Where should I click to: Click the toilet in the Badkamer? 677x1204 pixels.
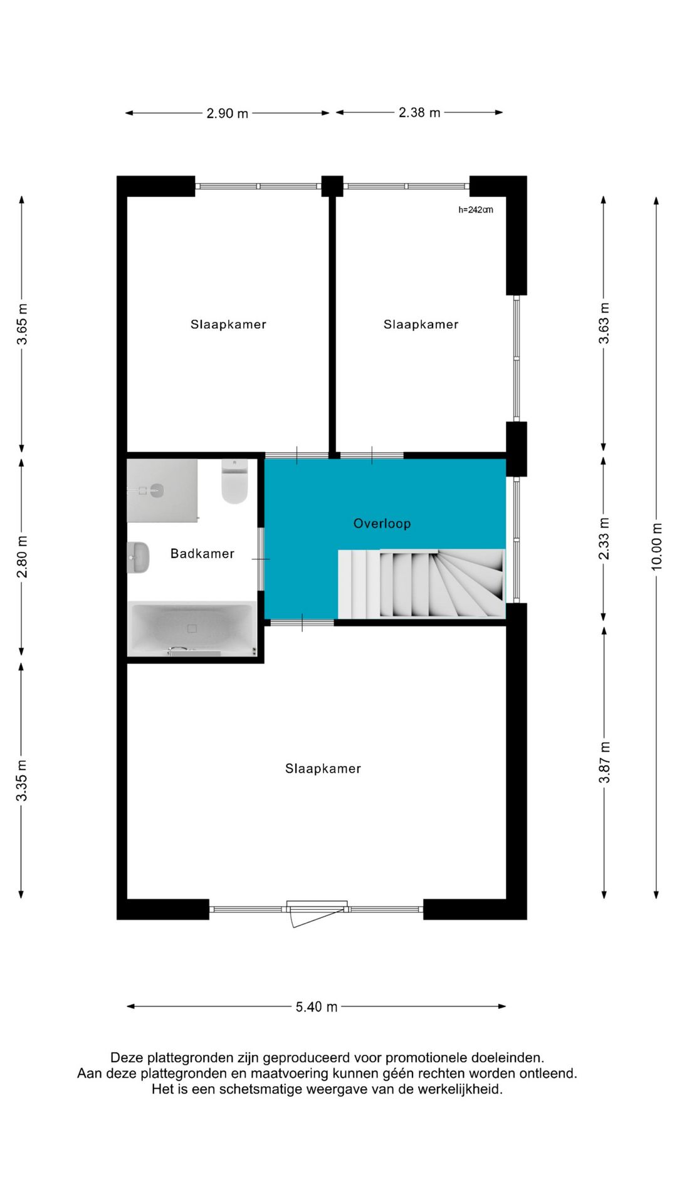(234, 482)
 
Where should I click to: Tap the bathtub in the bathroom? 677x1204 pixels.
(192, 629)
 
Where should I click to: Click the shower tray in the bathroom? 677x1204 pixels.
(162, 490)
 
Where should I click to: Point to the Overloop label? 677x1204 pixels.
(382, 524)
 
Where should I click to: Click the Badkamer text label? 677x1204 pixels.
(202, 554)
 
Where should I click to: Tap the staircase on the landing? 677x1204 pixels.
(421, 584)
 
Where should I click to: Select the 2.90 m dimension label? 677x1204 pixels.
(228, 114)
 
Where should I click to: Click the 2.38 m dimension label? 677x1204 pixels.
(419, 112)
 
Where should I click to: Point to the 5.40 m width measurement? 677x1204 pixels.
(317, 1006)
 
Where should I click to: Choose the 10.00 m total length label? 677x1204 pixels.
(656, 546)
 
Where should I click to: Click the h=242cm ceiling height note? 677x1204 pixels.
(476, 209)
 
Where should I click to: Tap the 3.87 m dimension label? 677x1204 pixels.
(604, 762)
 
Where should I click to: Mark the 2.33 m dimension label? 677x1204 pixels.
(604, 539)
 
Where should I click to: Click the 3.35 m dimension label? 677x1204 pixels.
(22, 780)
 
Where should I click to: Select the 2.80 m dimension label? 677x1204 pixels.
(22, 557)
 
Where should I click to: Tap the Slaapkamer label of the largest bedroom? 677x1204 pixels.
(323, 769)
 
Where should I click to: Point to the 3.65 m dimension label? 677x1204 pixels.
(22, 324)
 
